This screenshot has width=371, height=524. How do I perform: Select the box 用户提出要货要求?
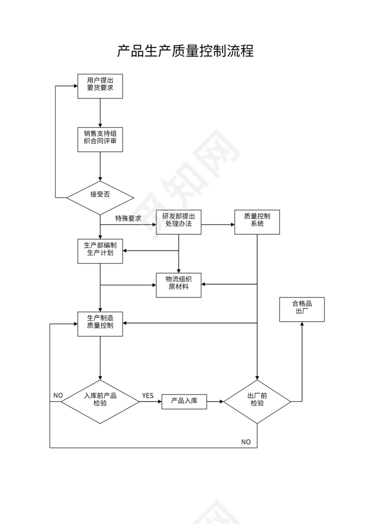pos(100,86)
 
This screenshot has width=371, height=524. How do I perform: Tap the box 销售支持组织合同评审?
pos(100,139)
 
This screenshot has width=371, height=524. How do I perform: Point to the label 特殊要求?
pos(128,218)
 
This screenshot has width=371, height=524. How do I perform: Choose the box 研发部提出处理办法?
pos(178,222)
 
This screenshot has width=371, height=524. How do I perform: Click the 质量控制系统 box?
pos(257,222)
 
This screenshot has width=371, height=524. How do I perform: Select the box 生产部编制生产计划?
pos(100,251)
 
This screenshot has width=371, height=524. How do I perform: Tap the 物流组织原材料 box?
pos(178,285)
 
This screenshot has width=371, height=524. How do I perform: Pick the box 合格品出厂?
pos(302,309)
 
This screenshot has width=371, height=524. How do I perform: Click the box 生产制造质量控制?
pos(100,324)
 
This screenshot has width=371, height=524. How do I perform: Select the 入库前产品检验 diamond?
pos(100,402)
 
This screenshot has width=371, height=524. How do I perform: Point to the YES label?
pos(148,396)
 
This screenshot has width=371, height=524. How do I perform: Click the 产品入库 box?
pos(184,402)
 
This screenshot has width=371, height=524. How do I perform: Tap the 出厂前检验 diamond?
pos(257,402)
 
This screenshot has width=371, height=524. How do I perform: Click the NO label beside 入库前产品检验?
pos(58,395)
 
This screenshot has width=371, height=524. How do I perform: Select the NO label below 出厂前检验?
pos(246,442)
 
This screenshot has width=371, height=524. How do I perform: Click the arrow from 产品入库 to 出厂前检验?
pos(215,402)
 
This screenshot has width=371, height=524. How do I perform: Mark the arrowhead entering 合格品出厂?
pos(302,324)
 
